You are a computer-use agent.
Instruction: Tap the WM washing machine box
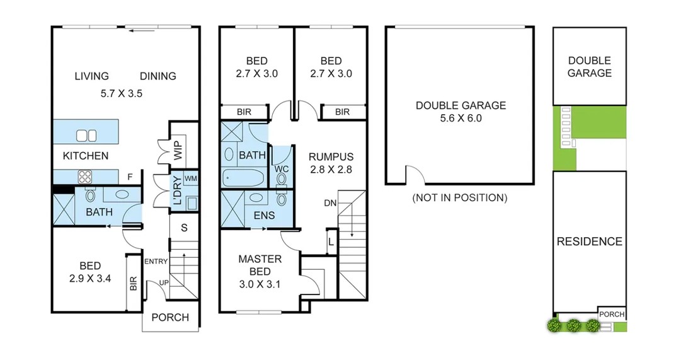pos(190,179)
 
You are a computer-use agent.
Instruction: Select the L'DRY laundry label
pos(177,192)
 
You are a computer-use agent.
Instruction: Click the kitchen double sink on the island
pos(86,135)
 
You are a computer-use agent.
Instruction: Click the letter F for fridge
pos(130,177)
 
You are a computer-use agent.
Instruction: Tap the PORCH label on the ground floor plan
pos(170,317)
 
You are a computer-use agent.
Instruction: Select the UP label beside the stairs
pos(164,282)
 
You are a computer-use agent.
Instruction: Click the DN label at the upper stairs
pos(329,203)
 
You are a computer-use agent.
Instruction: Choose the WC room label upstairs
pos(281,169)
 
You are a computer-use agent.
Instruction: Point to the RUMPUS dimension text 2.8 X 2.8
pos(331,169)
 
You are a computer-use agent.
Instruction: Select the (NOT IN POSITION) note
pos(459,198)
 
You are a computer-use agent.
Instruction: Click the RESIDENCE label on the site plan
pos(589,241)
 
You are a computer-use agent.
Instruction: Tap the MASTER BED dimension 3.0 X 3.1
pos(259,284)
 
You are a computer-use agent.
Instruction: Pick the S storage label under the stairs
pos(183,227)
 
